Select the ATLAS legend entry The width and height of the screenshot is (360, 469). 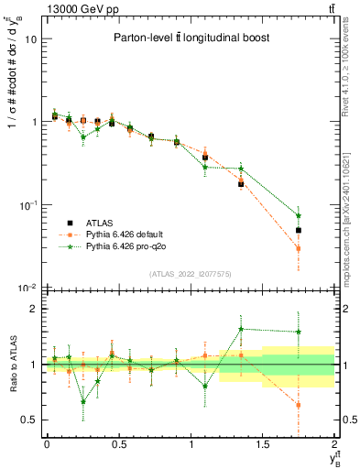(x=90, y=222)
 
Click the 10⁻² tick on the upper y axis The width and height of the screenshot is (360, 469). (x=27, y=288)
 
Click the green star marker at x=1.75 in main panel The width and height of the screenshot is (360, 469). (x=299, y=215)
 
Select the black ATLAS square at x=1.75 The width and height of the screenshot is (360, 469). (x=299, y=231)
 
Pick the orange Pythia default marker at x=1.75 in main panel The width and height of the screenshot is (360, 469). (x=299, y=248)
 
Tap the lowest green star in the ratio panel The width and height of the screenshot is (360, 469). (x=83, y=401)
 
